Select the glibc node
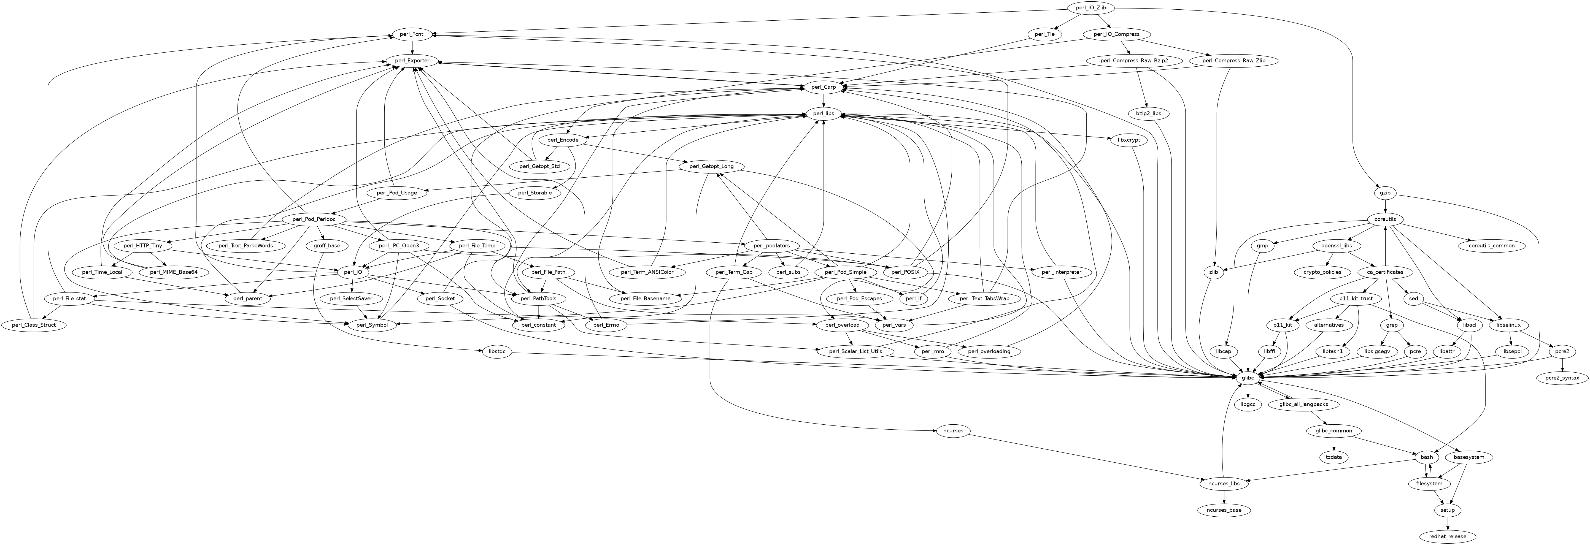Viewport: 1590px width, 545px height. [1248, 377]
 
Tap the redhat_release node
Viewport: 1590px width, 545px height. [1447, 536]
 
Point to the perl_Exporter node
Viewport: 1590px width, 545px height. [413, 61]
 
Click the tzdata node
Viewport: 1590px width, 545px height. [1334, 457]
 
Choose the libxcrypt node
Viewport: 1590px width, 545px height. [1129, 140]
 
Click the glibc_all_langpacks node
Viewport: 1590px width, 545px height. [1303, 404]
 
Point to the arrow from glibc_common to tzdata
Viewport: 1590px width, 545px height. [1334, 444]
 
